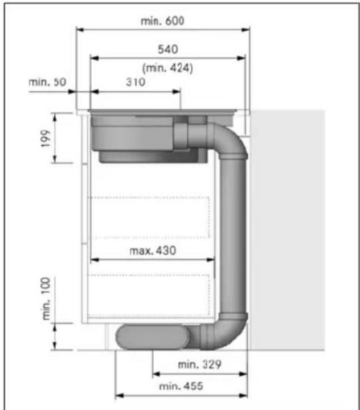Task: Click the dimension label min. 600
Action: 162,21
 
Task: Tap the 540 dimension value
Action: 168,49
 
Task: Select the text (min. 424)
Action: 167,68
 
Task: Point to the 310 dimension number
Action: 136,82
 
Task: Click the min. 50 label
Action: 47,82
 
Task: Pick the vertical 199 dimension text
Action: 46,138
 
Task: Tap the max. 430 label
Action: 153,251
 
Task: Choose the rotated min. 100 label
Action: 46,298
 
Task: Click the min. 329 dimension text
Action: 199,364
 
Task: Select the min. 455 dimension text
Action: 181,386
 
